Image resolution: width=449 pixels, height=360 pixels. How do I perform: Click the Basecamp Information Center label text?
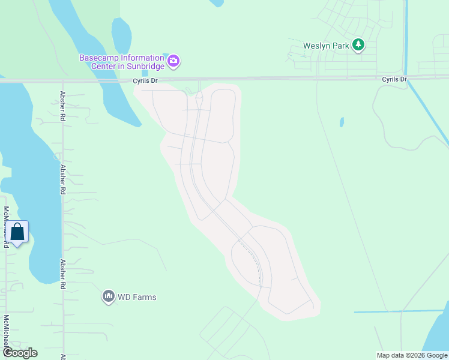[x=122, y=62]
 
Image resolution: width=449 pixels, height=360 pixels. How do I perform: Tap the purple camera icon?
[x=173, y=60]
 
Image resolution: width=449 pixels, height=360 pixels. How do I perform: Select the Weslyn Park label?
[x=325, y=46]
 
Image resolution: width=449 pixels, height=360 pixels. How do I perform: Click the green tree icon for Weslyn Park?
[x=358, y=44]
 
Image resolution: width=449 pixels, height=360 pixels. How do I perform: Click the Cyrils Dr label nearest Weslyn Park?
[x=394, y=79]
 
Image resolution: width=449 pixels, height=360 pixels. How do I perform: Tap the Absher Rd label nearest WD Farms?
[x=62, y=274]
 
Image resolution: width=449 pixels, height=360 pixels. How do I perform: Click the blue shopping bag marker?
[x=18, y=233]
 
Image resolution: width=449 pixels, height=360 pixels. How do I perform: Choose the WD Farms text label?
[x=137, y=297]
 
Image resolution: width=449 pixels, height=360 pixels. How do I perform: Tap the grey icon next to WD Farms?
[x=108, y=296]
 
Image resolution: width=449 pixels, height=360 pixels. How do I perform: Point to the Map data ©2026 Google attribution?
[x=412, y=355]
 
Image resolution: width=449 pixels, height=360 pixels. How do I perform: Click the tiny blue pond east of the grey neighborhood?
[x=342, y=122]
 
